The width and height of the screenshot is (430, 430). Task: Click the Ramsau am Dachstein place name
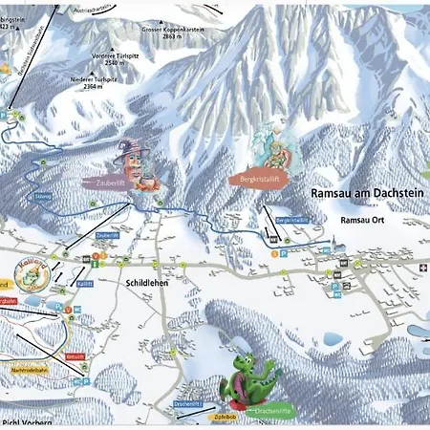pos(364,193)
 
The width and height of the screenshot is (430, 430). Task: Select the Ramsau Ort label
pos(362,220)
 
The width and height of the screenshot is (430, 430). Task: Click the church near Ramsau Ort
pos(340,246)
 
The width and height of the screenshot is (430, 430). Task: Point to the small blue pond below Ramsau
pos(333,338)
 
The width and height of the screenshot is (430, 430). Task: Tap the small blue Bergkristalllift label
pos(292,220)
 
